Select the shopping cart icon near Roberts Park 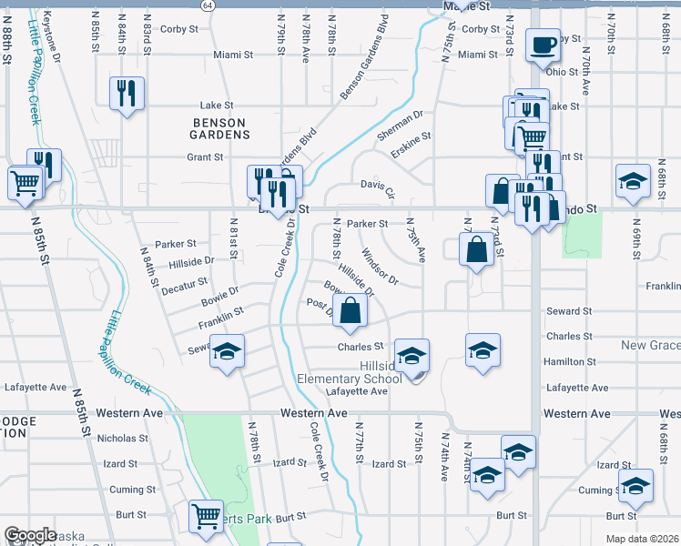206,517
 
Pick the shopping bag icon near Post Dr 351,310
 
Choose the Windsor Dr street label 380,266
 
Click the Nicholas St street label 117,438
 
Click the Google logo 30,535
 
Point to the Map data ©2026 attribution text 642,539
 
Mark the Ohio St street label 563,71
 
